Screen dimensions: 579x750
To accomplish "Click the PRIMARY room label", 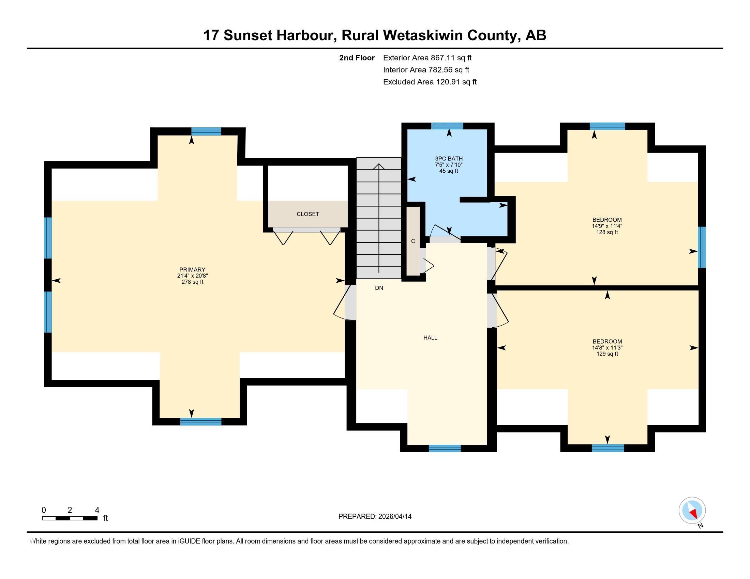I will [x=192, y=270].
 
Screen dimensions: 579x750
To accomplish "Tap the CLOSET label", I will [x=308, y=214].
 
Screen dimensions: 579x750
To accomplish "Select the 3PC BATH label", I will [x=449, y=159].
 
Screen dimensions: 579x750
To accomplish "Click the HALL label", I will [x=430, y=338].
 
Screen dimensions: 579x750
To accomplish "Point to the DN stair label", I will [x=379, y=288].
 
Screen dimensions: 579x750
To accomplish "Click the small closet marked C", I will [x=413, y=241].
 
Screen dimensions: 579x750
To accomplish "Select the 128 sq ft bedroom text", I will [x=607, y=232].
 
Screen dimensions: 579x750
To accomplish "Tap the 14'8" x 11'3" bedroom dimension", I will [x=607, y=347].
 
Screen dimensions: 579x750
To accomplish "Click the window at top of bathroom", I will [x=447, y=126].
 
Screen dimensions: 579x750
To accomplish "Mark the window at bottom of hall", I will [x=444, y=448].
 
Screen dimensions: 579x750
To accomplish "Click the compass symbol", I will [x=692, y=511].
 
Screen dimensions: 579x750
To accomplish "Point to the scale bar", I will [x=70, y=518].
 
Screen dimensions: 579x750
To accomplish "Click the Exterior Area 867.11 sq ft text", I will [x=427, y=58].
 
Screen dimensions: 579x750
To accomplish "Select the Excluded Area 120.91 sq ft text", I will [x=430, y=82].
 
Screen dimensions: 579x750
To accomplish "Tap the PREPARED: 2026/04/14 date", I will [x=375, y=517].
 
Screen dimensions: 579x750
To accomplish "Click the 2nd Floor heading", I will [x=357, y=58].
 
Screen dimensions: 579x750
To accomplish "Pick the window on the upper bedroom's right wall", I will [x=702, y=247].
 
